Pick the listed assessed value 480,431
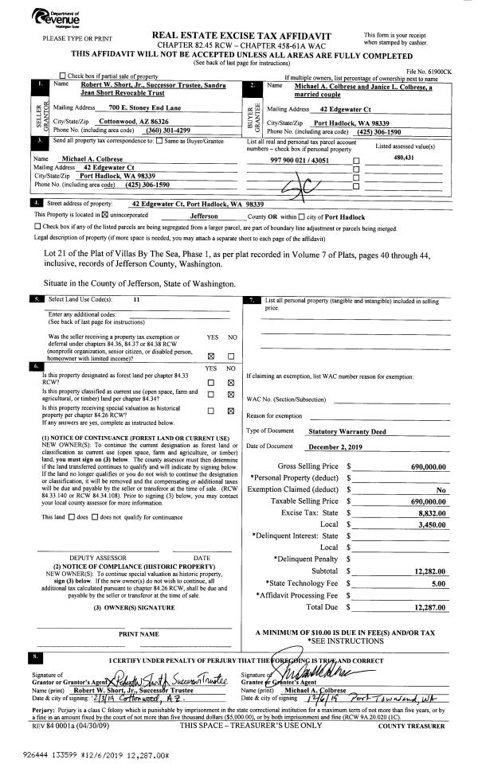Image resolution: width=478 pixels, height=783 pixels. point(406,158)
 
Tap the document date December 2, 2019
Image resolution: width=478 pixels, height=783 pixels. point(335,447)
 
